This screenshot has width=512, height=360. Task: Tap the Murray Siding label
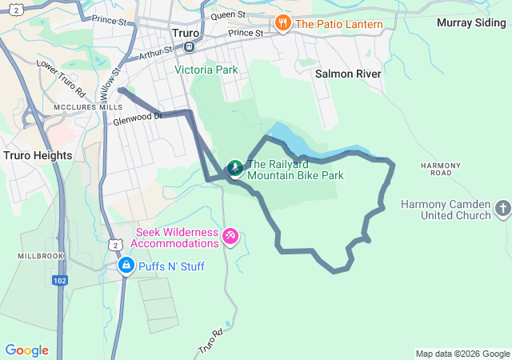coord(470,22)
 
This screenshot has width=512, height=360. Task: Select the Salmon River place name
coord(348,73)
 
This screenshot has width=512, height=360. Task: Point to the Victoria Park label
coord(206,70)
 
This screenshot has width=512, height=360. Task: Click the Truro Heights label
coord(38,154)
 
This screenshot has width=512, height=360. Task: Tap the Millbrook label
coord(35,255)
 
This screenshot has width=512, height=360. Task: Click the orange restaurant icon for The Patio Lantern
coord(282,23)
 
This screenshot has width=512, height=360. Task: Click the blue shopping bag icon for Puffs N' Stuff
coord(126,265)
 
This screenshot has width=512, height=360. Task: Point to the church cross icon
coord(502,209)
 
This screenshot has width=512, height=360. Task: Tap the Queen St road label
coord(228,15)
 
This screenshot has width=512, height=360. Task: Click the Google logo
coord(26,350)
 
